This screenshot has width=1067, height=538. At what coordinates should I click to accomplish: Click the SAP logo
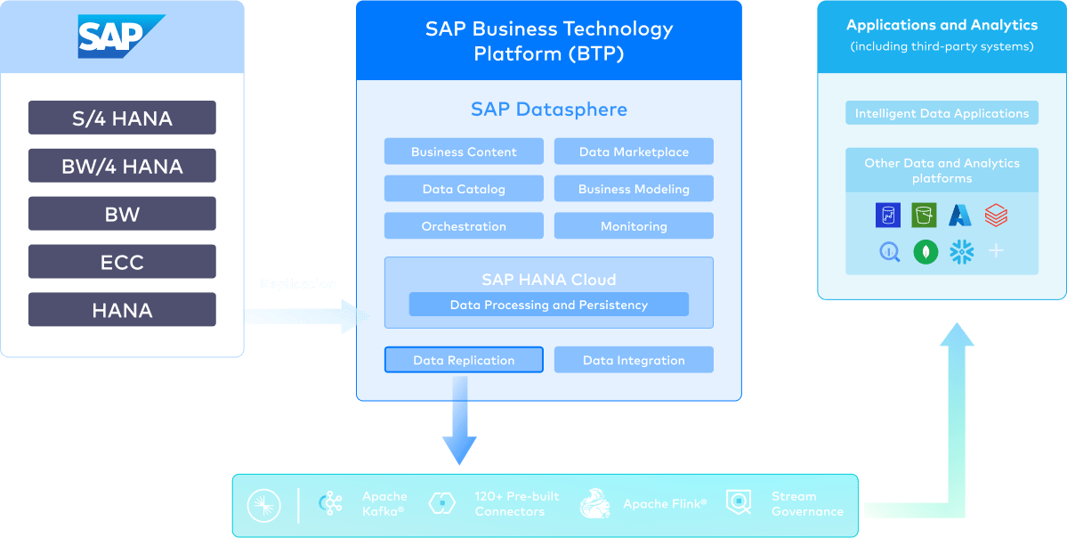[121, 37]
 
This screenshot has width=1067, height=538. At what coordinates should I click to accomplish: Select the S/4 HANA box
[122, 118]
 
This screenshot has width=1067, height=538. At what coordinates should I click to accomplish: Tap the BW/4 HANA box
[122, 167]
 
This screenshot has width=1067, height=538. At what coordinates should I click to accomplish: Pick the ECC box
[122, 263]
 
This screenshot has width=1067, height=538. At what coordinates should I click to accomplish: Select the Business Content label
[464, 152]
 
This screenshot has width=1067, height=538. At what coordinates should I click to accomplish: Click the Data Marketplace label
[634, 152]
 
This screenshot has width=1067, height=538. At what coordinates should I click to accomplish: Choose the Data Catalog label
[464, 189]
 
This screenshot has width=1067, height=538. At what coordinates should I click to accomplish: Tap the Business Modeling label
[634, 189]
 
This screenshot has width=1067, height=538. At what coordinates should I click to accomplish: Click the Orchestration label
[464, 226]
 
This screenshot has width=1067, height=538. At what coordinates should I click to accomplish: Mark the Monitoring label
[634, 226]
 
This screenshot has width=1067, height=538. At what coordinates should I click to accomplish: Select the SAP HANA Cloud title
[548, 280]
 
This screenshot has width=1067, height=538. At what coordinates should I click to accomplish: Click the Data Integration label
[634, 361]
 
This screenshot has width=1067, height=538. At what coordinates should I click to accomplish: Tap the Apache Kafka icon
[333, 504]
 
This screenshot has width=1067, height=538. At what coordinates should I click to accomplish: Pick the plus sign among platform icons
[996, 251]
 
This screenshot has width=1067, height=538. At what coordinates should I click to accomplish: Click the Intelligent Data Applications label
[942, 114]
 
